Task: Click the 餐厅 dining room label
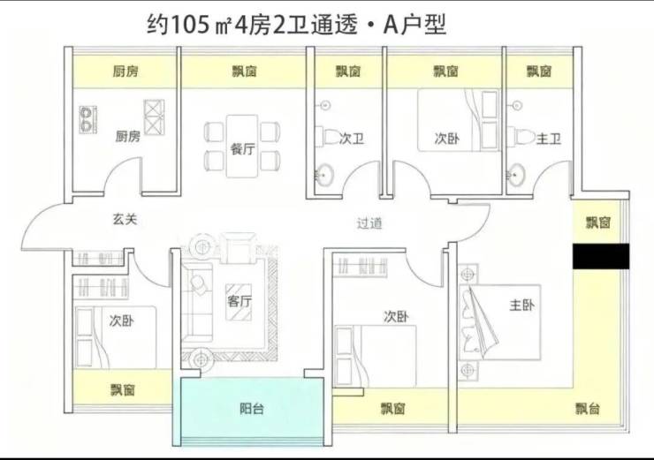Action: tap(242, 148)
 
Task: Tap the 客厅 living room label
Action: tap(240, 300)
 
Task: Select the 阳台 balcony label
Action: tap(252, 409)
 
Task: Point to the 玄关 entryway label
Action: tap(125, 219)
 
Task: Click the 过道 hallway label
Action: tap(369, 223)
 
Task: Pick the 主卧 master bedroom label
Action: tap(521, 305)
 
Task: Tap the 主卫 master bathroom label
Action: tap(549, 139)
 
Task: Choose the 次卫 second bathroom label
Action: tap(352, 139)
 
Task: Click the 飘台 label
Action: tap(588, 409)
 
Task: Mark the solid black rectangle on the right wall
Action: tap(601, 256)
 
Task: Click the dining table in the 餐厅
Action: tap(242, 147)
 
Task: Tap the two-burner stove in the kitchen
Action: tap(88, 119)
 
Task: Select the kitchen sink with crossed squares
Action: tap(154, 117)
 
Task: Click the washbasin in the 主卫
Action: tap(516, 174)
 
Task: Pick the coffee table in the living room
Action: tap(239, 302)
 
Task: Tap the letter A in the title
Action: tap(391, 25)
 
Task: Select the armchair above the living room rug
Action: tap(238, 248)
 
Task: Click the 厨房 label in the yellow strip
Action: tap(125, 72)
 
